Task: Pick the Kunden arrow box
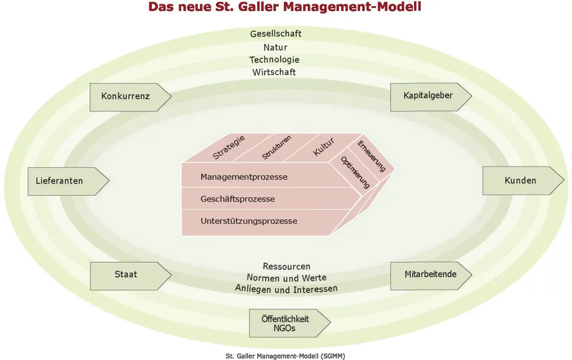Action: point(522,181)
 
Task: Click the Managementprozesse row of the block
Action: point(244,177)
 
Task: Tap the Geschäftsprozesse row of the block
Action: point(238,199)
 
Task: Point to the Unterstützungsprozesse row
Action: point(249,221)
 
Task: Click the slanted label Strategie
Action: point(228,148)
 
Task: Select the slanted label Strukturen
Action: point(276,147)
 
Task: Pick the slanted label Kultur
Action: point(323,147)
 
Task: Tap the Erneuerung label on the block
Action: point(371,156)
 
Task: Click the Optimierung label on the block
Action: point(355,172)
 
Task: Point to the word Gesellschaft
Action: point(276,34)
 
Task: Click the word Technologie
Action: point(274,60)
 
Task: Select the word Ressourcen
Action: point(287,266)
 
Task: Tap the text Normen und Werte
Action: point(287,277)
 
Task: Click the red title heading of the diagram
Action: point(285,7)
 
